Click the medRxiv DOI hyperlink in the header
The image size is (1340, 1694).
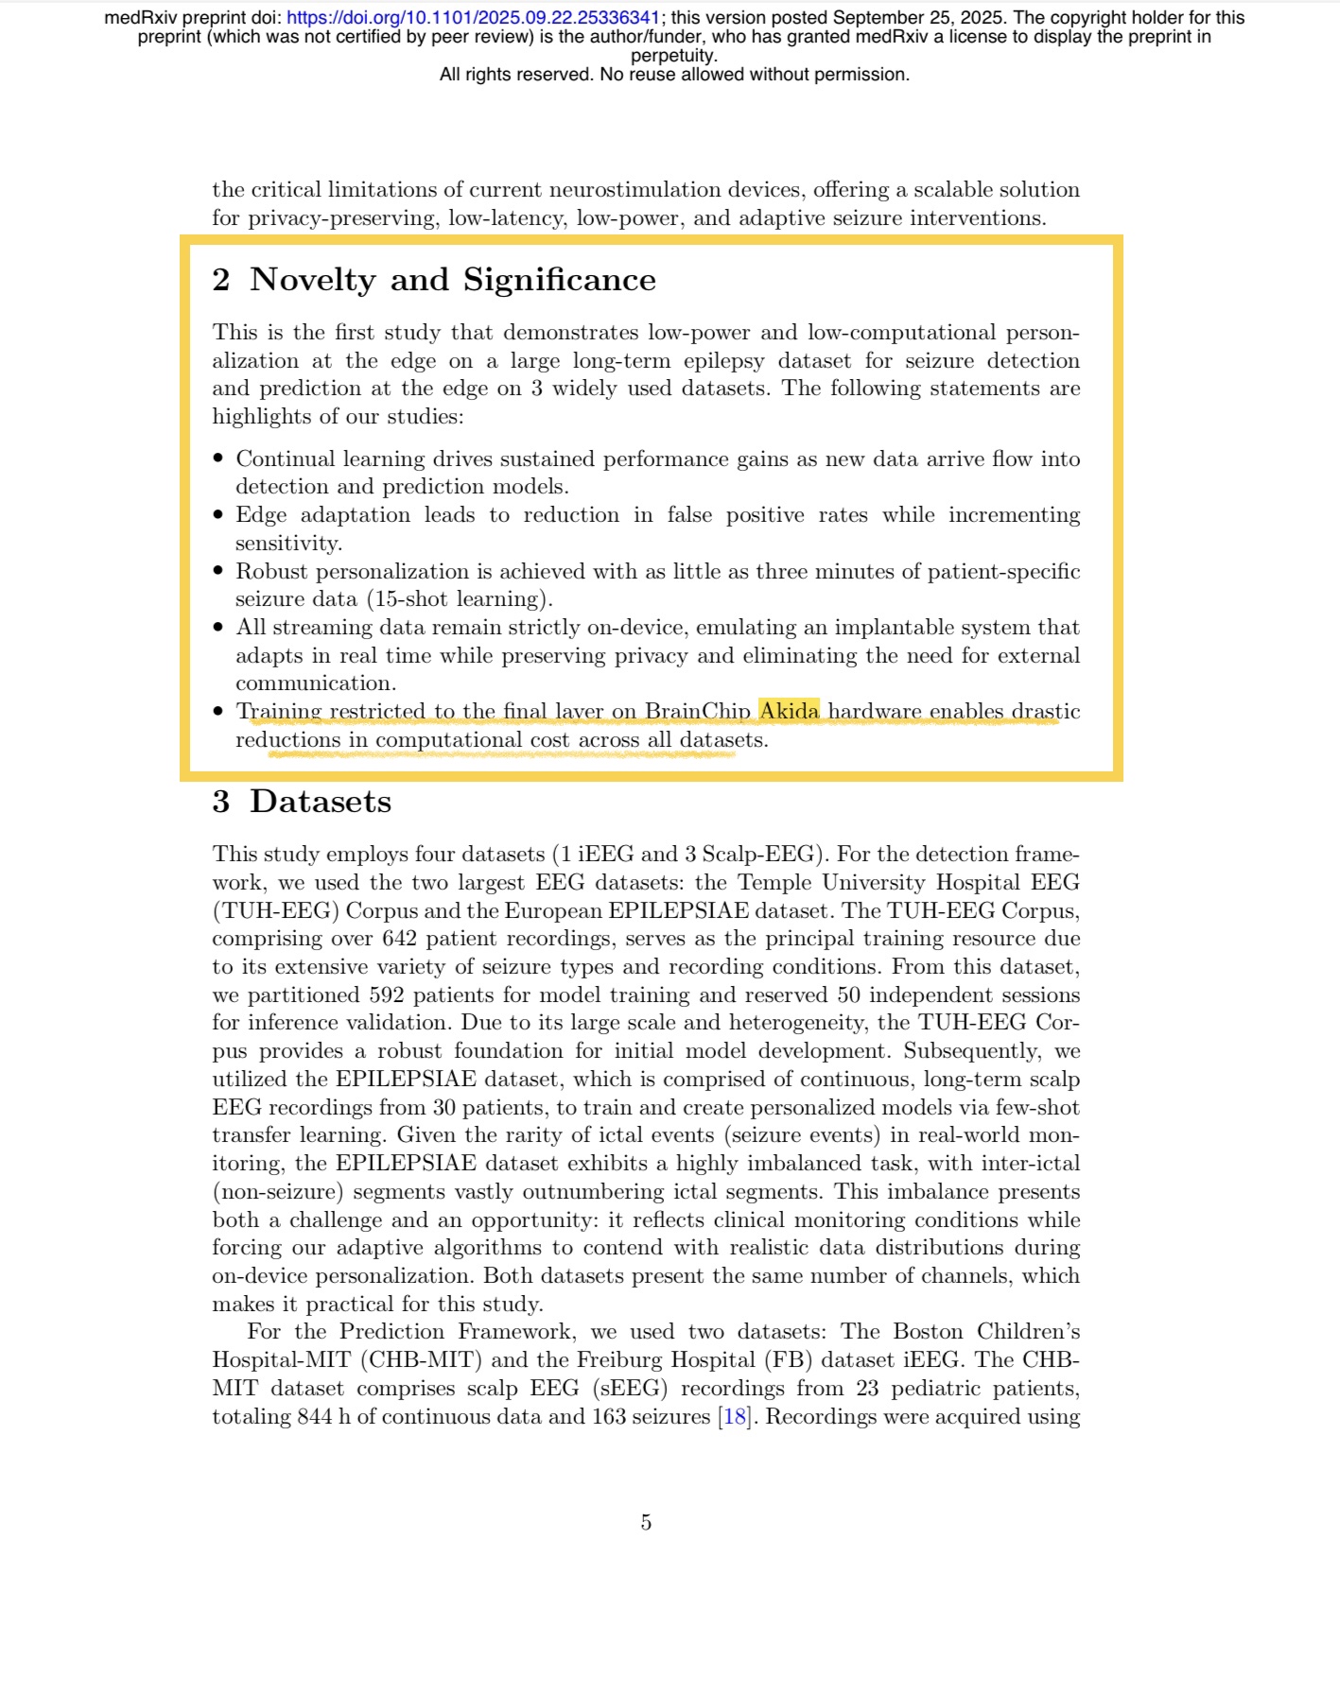click(473, 18)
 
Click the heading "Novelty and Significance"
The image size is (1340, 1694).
click(452, 280)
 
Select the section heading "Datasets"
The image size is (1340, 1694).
click(320, 802)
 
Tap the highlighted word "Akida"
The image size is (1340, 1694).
click(789, 711)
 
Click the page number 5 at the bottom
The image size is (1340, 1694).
click(646, 1522)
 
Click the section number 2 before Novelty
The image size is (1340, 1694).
click(221, 280)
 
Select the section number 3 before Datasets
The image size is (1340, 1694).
click(221, 802)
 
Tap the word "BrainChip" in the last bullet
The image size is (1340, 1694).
click(697, 711)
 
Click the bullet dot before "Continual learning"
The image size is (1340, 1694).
click(218, 458)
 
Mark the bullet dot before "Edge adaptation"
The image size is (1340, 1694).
click(218, 515)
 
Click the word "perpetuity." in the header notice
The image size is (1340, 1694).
click(673, 56)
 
